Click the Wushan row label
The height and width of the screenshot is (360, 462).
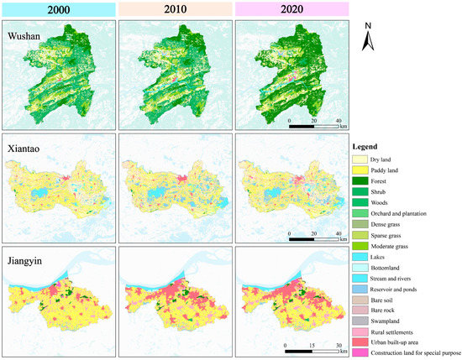pos(27,36)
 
